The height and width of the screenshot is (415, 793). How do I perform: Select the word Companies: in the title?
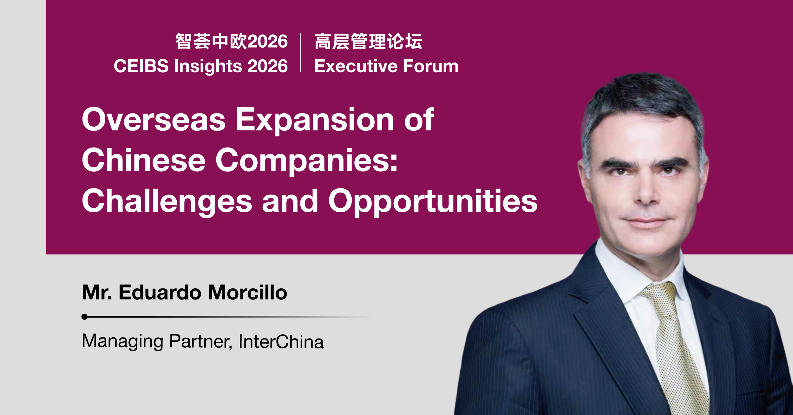click(x=306, y=161)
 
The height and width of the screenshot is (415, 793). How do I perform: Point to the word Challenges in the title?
click(x=167, y=201)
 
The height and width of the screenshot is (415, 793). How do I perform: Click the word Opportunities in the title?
click(x=433, y=201)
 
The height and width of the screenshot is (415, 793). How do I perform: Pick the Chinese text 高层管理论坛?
click(x=368, y=42)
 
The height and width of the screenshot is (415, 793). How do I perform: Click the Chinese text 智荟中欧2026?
click(x=232, y=42)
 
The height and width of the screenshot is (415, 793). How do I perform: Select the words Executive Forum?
click(x=386, y=66)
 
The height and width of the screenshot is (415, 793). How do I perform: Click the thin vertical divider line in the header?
click(x=301, y=53)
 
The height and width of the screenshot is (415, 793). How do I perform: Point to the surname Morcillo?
click(x=248, y=292)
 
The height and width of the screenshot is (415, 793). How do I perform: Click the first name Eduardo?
click(x=160, y=292)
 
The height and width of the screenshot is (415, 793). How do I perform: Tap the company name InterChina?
click(x=281, y=342)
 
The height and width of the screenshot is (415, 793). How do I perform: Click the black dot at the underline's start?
click(x=84, y=317)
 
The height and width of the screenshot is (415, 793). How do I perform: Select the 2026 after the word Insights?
click(x=267, y=66)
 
